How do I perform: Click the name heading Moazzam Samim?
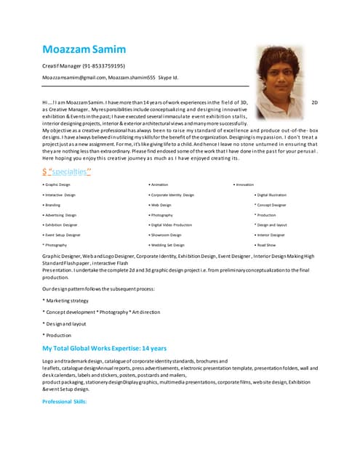pos(84,49)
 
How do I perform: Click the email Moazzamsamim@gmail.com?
pos(76,76)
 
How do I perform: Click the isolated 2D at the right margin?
pos(314,103)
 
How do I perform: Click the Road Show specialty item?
pos(267,246)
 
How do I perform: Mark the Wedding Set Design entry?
pos(169,246)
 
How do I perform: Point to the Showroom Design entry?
pos(167,235)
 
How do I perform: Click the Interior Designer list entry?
pos(271,235)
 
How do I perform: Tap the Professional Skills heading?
pos(64,401)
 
